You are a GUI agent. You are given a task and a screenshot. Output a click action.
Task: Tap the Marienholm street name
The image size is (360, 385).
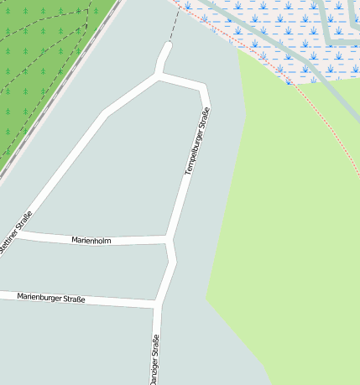[x=91, y=241]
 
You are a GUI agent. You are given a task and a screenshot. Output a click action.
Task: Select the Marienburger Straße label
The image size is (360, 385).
[x=51, y=298]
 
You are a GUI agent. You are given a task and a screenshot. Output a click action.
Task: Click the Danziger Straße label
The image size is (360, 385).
[x=154, y=360]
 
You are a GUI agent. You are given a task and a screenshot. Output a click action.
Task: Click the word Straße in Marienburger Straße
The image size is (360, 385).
[x=74, y=299]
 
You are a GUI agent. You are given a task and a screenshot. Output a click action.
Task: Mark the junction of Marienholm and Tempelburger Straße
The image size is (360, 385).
[x=171, y=241]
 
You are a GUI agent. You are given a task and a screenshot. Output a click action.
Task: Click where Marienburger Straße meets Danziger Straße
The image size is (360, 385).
[x=156, y=302]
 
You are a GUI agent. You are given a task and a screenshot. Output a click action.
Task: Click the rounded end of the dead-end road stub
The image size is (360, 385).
[x=167, y=47]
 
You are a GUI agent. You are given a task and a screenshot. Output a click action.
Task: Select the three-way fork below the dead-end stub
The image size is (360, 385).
[x=159, y=76]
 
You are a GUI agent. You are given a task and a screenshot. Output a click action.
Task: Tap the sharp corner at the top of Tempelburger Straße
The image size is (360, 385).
[x=204, y=87]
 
